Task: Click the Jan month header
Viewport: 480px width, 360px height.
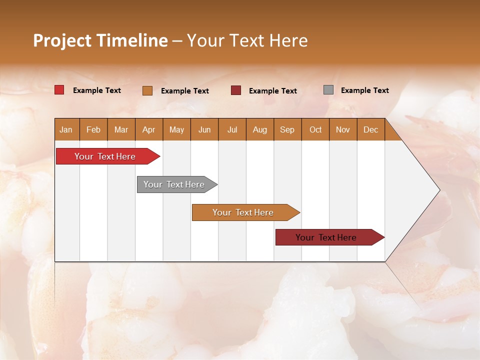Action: [x=66, y=129]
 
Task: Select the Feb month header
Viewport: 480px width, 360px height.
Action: [x=93, y=129]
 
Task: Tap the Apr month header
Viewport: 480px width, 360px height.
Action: [x=149, y=129]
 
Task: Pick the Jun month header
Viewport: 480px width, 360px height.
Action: [x=204, y=129]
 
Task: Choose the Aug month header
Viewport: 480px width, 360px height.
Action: [x=260, y=129]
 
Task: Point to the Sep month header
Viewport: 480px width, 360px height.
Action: [x=287, y=129]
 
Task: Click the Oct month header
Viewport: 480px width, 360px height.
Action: [x=315, y=129]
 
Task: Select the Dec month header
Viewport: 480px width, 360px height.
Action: [x=371, y=129]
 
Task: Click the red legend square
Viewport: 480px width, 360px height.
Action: [x=59, y=90]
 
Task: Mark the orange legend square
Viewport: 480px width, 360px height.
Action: [x=147, y=90]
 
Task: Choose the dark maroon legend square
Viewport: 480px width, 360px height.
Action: [x=236, y=90]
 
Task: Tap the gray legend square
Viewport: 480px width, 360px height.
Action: [x=328, y=90]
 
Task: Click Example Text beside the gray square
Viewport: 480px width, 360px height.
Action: [x=364, y=90]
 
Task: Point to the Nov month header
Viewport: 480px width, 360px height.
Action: [x=343, y=129]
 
